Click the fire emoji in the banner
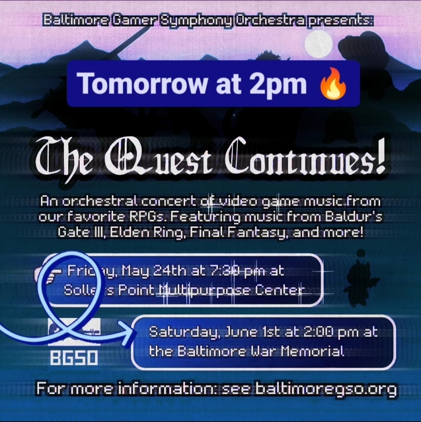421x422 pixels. coord(333,84)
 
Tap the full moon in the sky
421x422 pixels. coord(319,44)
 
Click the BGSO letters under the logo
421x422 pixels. coord(74,358)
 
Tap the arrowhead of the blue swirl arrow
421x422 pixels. coord(128,333)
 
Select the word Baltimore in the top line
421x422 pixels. coord(76,20)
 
